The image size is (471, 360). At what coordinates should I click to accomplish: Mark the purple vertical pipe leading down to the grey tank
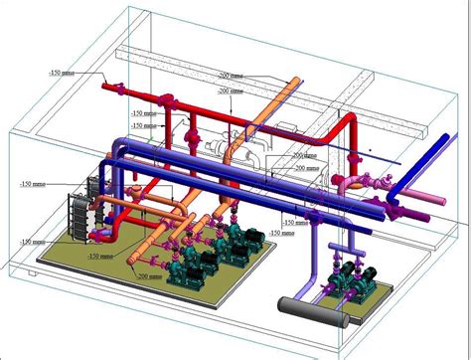pos(314,263)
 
